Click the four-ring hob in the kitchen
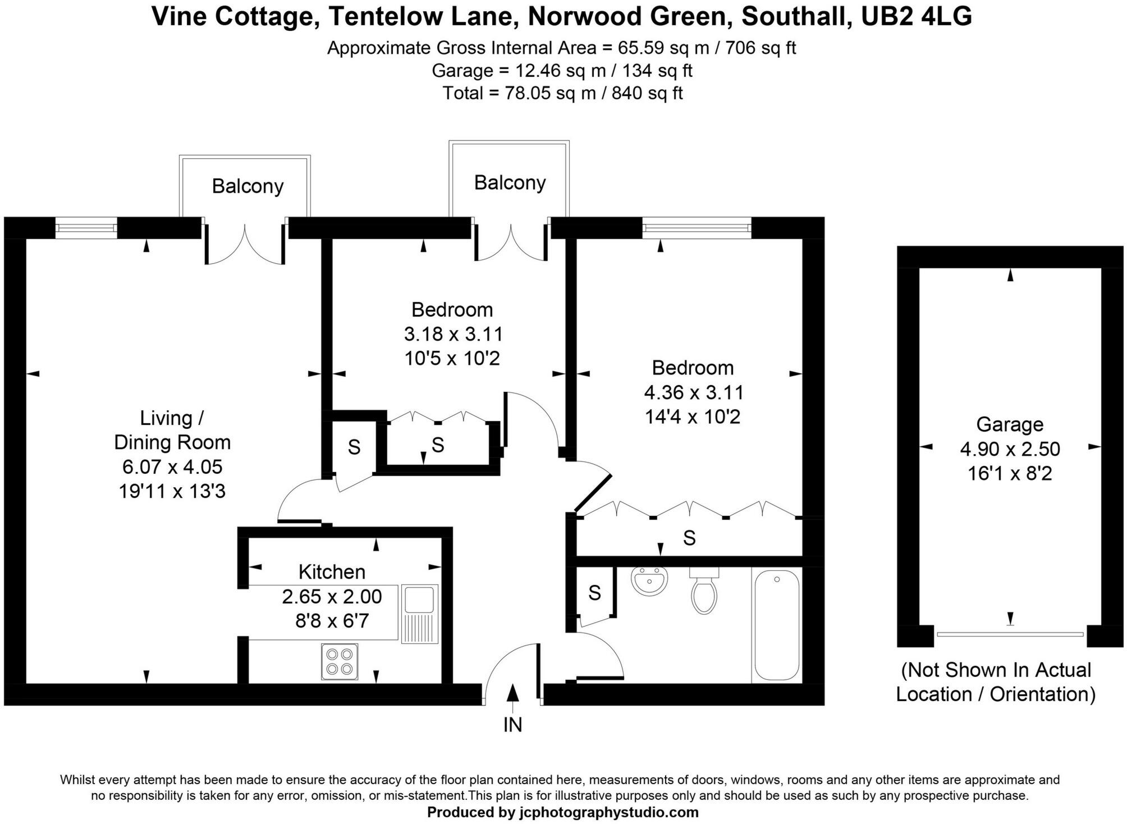(340, 662)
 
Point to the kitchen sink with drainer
(419, 613)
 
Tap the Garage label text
(1010, 424)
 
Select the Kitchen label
(332, 572)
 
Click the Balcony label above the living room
(248, 186)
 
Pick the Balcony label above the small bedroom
(510, 182)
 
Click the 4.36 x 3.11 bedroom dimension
(694, 392)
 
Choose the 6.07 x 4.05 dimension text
(172, 467)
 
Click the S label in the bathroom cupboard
(594, 593)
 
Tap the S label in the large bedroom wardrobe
(689, 538)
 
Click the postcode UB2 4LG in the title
(916, 17)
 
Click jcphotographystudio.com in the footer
(609, 812)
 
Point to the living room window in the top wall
(86, 228)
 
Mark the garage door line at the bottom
(1010, 634)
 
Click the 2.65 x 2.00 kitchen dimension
(332, 597)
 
